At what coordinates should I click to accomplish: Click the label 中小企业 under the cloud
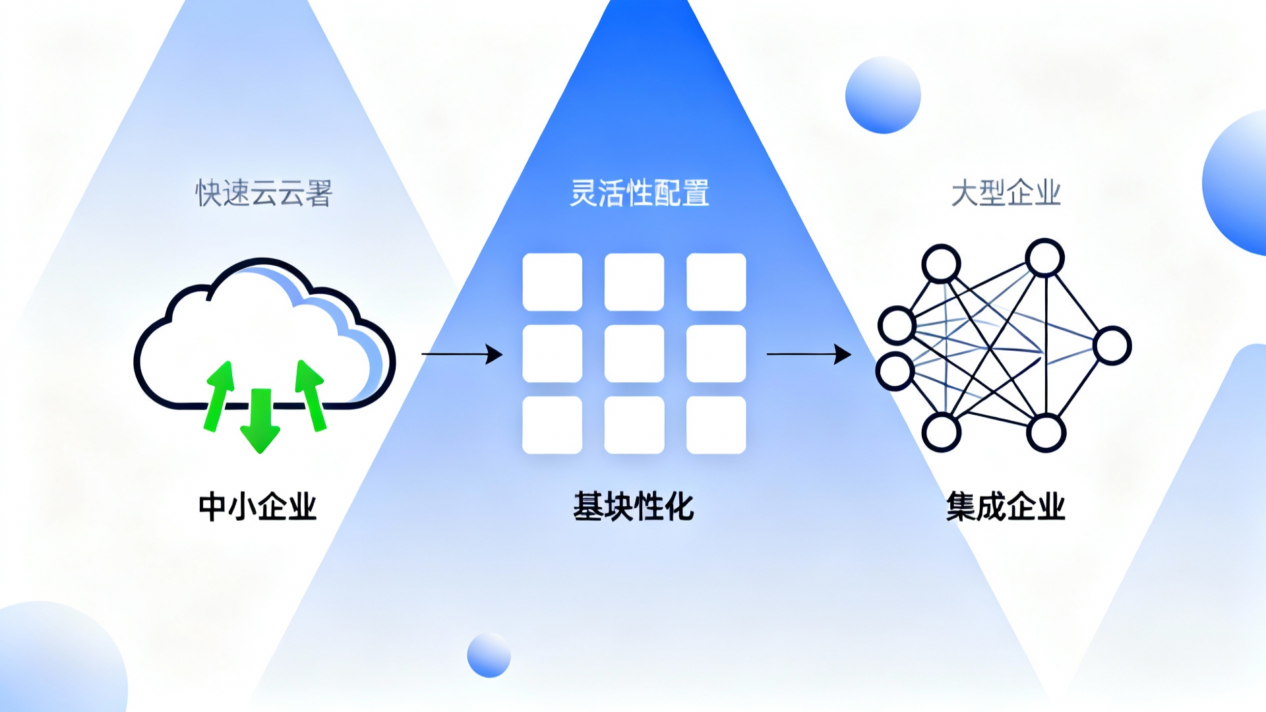pos(258,506)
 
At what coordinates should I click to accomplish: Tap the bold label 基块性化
pos(633,506)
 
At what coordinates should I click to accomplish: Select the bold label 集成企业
pos(1006,506)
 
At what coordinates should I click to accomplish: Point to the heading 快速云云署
pos(264,193)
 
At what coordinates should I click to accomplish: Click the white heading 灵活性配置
pos(639,193)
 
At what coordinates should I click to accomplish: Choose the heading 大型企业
pos(1006,193)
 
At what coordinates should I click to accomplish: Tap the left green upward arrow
pos(219,396)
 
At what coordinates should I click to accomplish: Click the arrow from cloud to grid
pos(462,354)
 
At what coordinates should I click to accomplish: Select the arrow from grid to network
pos(808,354)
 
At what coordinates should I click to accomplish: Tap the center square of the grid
pos(634,353)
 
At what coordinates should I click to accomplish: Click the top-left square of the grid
pos(552,282)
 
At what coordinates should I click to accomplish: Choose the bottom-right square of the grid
pos(716,425)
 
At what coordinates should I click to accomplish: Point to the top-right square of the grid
pos(716,282)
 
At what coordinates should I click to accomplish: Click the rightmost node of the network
pos(1112,345)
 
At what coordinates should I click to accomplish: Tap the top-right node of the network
pos(1044,257)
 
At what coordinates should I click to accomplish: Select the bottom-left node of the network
pos(942,432)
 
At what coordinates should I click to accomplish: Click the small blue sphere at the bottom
pos(489,655)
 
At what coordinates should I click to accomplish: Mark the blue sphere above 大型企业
pos(883,95)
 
